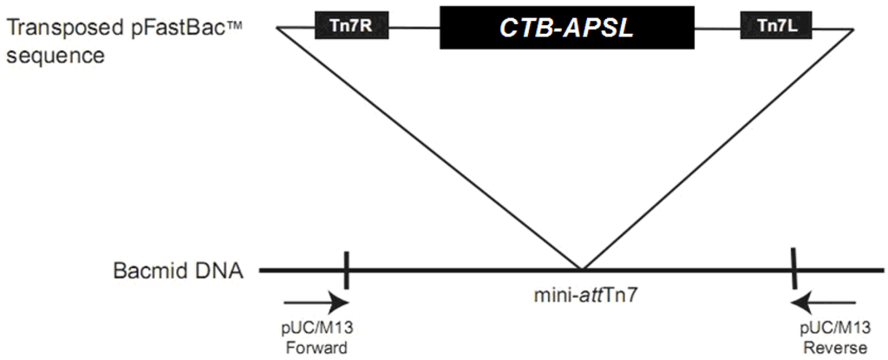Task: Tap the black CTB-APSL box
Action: tap(567, 27)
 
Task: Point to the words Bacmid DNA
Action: tap(179, 270)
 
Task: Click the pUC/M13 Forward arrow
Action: tap(317, 303)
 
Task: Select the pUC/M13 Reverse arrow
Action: tap(825, 303)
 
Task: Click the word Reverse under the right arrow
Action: tap(825, 349)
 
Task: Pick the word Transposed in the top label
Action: tap(54, 29)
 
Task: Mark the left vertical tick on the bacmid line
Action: tap(346, 270)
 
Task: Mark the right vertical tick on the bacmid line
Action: tap(793, 270)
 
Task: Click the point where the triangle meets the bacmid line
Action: tap(582, 270)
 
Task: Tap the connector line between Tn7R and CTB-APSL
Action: tap(416, 27)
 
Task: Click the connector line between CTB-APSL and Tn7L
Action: tap(718, 27)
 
